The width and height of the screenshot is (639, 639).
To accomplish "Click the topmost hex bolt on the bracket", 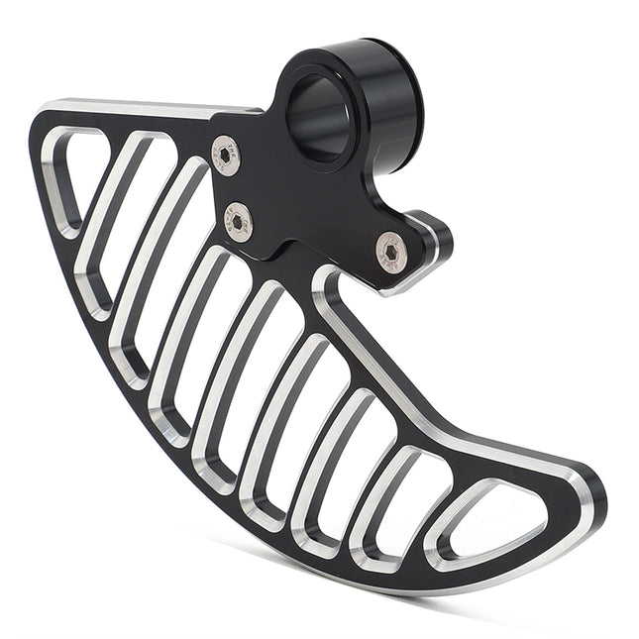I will (226, 156).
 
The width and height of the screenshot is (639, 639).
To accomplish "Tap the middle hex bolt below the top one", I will (238, 222).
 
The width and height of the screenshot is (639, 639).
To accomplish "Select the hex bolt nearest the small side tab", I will (392, 253).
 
